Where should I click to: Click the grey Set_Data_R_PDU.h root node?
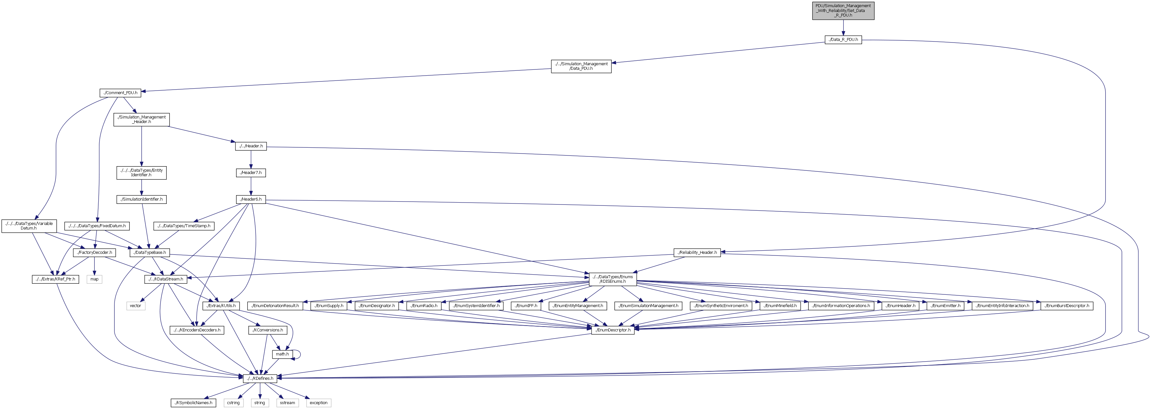pos(843,11)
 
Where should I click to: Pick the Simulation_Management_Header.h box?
pos(142,119)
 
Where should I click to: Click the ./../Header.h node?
pos(251,146)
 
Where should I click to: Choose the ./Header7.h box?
pos(251,173)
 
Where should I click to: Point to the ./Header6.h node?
pos(251,199)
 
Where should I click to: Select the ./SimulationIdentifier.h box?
pos(142,199)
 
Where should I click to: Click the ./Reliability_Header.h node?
pos(697,253)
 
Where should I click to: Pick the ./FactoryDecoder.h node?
pos(94,253)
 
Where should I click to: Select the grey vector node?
pos(135,306)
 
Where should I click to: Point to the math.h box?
pos(282,354)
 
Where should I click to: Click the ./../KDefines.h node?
pos(260,378)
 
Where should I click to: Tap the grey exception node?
pos(318,403)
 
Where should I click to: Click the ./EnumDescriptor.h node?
pos(613,330)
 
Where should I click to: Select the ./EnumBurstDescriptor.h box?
pos(1067,306)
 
